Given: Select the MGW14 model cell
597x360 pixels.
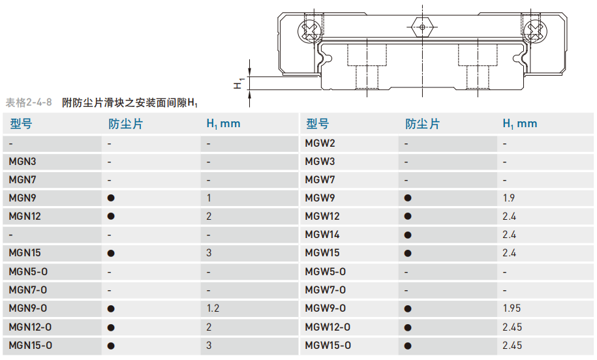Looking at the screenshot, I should click(322, 234).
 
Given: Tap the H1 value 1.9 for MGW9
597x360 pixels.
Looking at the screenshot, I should click(509, 198).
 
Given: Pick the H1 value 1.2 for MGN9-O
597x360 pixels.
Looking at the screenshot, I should click(212, 308).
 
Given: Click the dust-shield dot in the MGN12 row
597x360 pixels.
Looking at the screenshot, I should click(111, 216).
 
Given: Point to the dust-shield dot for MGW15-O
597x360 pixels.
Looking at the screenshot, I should click(408, 345).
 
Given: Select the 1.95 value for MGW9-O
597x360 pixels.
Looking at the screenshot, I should click(512, 308).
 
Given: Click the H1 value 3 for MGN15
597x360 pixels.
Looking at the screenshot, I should click(209, 252).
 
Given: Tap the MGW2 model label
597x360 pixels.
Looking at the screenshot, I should click(320, 143).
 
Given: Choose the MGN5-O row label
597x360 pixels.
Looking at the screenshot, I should click(28, 271).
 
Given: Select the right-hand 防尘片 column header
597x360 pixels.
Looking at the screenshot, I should click(422, 124).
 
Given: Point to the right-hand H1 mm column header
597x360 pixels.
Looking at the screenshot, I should click(519, 124).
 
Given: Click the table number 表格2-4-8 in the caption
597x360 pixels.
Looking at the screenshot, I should click(29, 102).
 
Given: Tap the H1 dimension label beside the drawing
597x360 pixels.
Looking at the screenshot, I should click(239, 83).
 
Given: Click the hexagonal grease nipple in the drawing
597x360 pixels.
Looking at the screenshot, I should click(422, 27).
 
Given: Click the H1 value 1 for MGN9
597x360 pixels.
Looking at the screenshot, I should click(209, 198).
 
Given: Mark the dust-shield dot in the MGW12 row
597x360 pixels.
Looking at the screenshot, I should click(408, 216).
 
